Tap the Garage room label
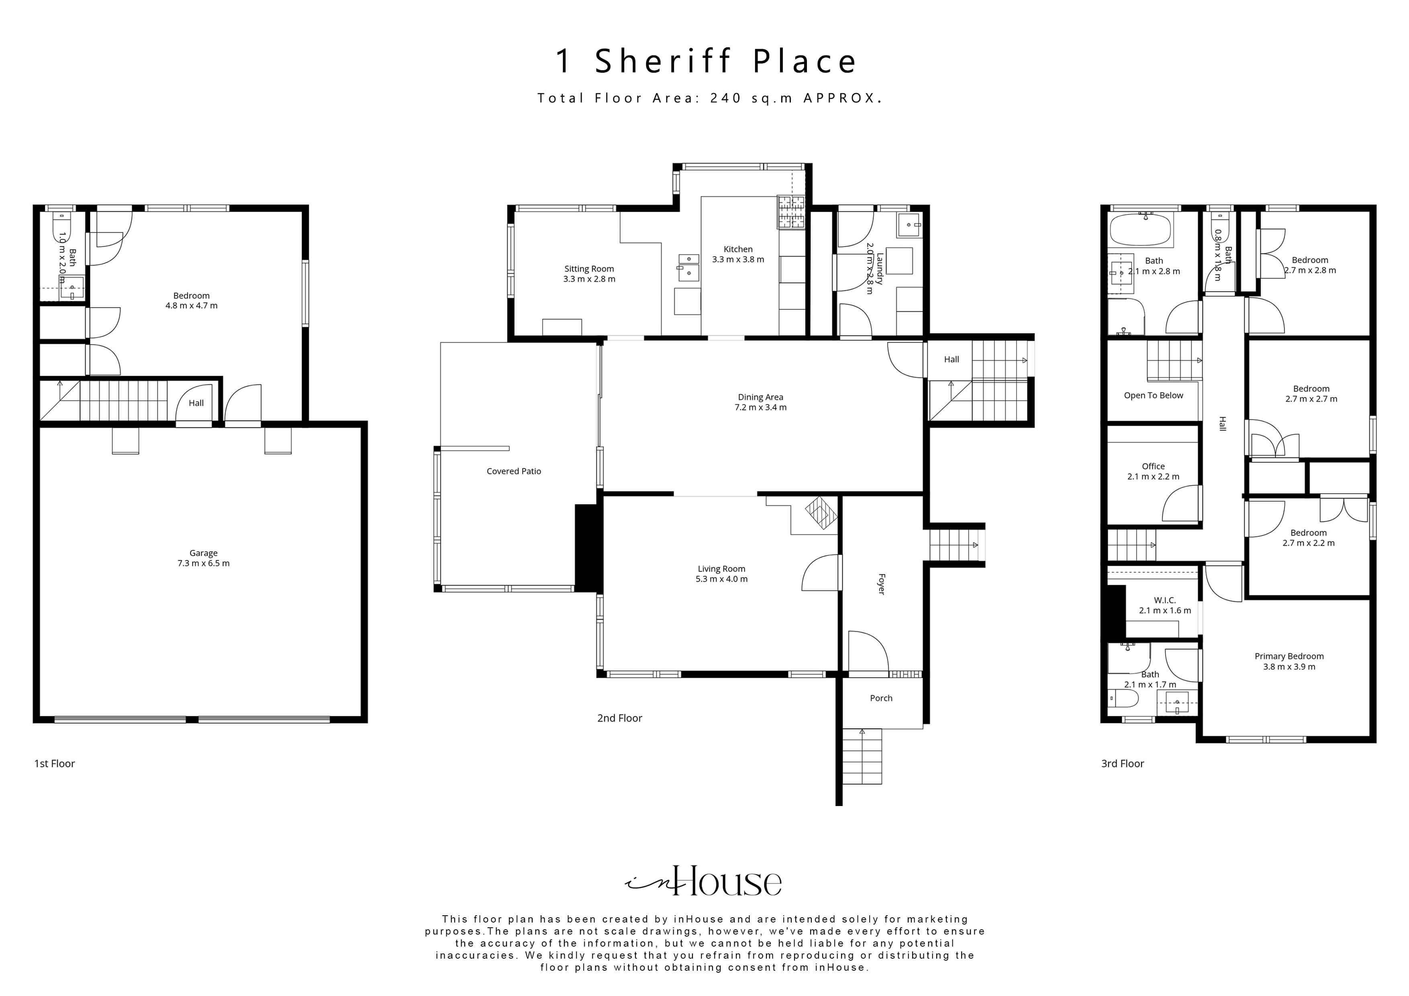pyautogui.click(x=203, y=553)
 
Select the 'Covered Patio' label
pyautogui.click(x=514, y=471)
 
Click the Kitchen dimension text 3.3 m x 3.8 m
pyautogui.click(x=738, y=259)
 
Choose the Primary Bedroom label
pyautogui.click(x=1289, y=656)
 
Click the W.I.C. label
pyautogui.click(x=1164, y=600)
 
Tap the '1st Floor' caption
pyautogui.click(x=55, y=763)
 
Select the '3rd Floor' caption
pyautogui.click(x=1122, y=763)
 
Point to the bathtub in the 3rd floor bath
pyautogui.click(x=1140, y=230)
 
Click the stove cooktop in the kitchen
pyautogui.click(x=791, y=212)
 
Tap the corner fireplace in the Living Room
pyautogui.click(x=821, y=512)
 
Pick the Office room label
pyautogui.click(x=1153, y=466)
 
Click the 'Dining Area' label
pyautogui.click(x=760, y=397)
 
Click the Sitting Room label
pyautogui.click(x=589, y=269)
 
